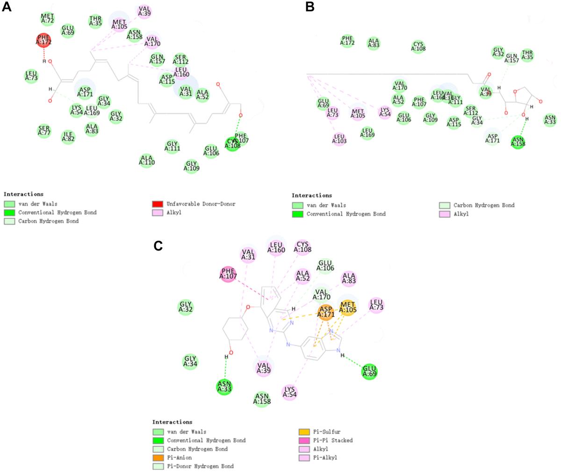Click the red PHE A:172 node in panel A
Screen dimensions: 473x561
click(43, 40)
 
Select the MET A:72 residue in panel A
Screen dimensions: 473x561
click(47, 19)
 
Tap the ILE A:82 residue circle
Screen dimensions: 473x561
click(68, 136)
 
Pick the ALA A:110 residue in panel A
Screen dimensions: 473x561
click(147, 160)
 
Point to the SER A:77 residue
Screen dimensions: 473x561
click(44, 131)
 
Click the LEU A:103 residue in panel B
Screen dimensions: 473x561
click(339, 139)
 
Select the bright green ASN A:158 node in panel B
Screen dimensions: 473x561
click(518, 141)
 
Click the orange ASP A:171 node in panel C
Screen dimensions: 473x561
click(326, 312)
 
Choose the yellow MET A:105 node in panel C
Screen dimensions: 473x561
click(348, 308)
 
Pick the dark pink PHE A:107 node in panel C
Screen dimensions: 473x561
click(228, 273)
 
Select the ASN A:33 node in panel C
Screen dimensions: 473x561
click(224, 387)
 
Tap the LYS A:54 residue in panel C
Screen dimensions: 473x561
click(290, 392)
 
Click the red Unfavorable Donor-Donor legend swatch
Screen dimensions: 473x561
click(158, 204)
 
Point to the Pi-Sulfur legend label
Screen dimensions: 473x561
click(327, 432)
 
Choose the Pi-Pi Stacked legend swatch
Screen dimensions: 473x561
click(303, 440)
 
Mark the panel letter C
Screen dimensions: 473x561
click(158, 246)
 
